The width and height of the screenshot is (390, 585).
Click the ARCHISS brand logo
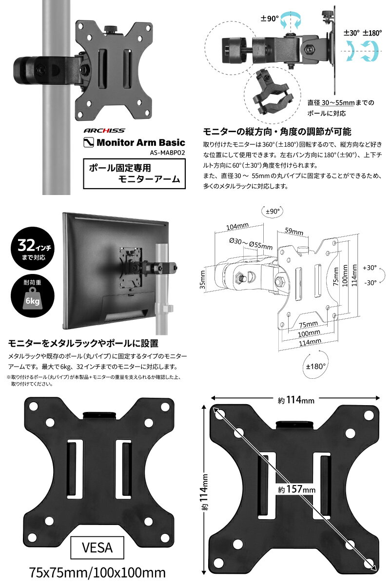tap(103, 131)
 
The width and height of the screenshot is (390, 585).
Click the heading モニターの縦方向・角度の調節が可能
tap(277, 132)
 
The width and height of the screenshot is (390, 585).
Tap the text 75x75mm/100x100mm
tap(97, 572)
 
